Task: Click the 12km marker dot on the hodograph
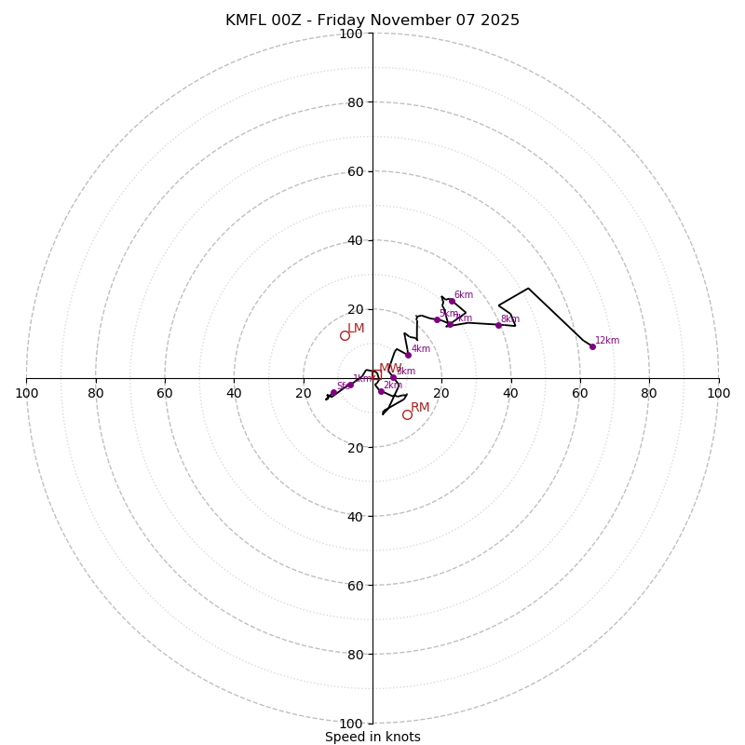[x=592, y=346]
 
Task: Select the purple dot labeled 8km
[x=498, y=325]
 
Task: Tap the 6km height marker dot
[x=452, y=301]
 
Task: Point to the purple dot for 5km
[x=437, y=319]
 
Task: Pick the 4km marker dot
[x=408, y=355]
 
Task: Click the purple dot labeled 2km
[x=381, y=391]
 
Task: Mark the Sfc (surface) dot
[x=333, y=393]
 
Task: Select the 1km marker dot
[x=350, y=385]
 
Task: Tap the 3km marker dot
[x=393, y=378]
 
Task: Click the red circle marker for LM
[x=345, y=335]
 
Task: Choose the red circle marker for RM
[x=407, y=414]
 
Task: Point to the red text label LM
[x=356, y=329]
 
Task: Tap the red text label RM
[x=420, y=408]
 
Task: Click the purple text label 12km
[x=607, y=341]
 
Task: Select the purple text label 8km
[x=510, y=319]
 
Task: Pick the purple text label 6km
[x=464, y=295]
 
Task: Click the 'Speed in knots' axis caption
[x=372, y=737]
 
